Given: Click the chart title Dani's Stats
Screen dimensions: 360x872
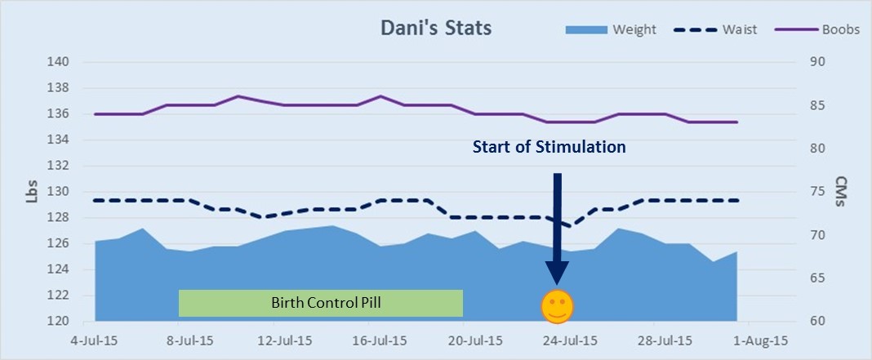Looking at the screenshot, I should pos(436,29).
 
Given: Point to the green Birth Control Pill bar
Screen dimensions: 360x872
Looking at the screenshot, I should pos(321,303).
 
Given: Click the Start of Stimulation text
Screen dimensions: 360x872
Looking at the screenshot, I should pos(549,147).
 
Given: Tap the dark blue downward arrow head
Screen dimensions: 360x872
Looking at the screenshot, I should pos(558,273).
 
